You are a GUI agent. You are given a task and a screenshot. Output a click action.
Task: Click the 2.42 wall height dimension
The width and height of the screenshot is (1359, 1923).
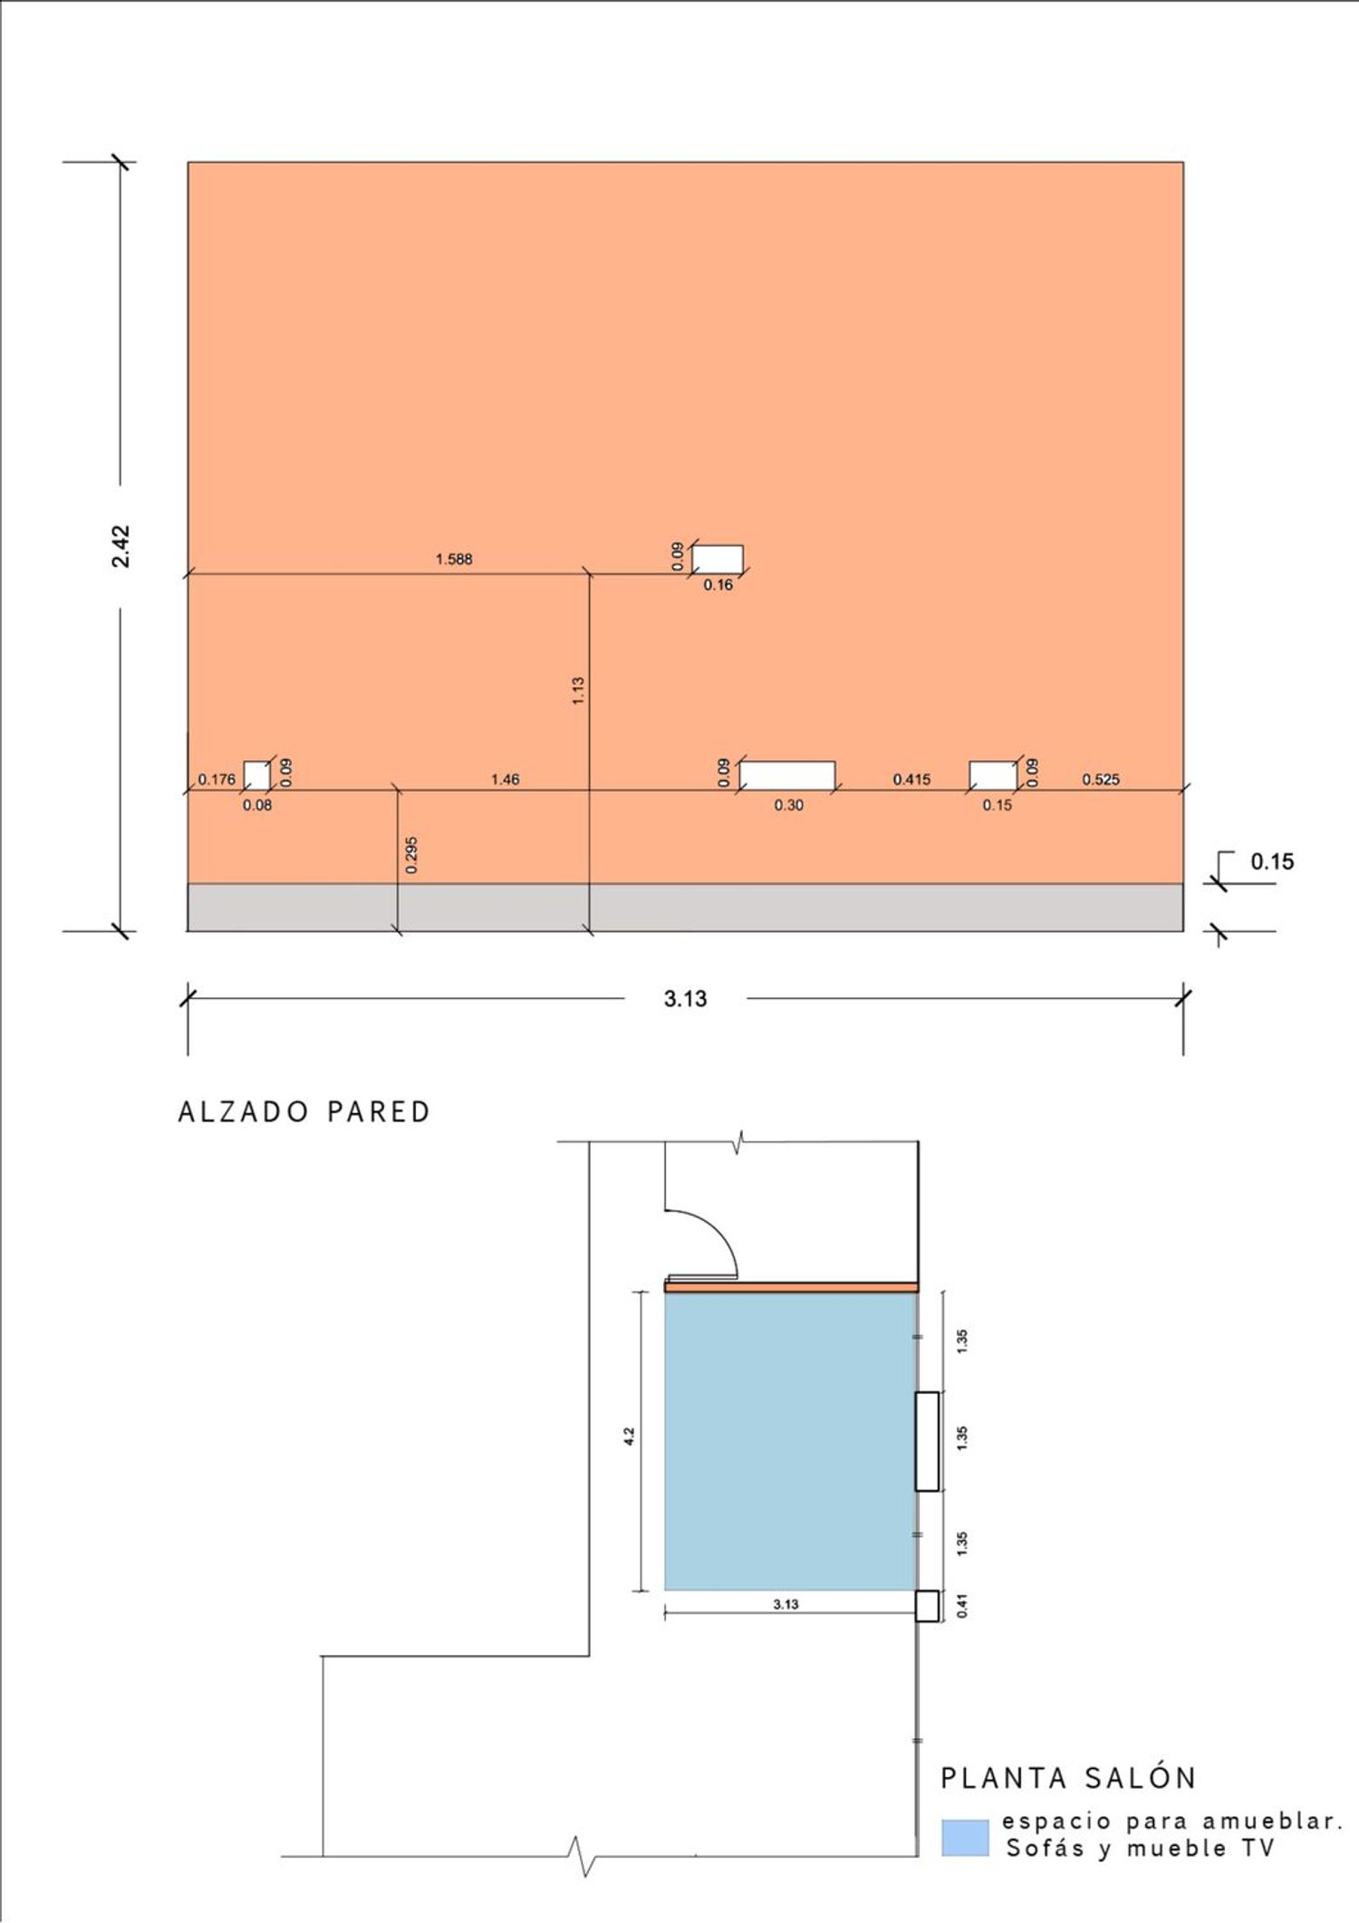pyautogui.click(x=121, y=546)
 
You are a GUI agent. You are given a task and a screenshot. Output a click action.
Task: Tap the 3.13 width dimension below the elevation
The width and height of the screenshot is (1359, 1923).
pyautogui.click(x=685, y=998)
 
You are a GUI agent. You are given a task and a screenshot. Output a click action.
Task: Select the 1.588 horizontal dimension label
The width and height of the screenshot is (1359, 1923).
pyautogui.click(x=454, y=559)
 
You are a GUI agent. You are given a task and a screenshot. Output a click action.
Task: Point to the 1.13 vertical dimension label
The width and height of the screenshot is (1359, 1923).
pyautogui.click(x=578, y=690)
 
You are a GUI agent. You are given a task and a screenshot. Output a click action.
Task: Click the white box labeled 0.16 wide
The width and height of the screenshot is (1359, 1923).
pyautogui.click(x=718, y=559)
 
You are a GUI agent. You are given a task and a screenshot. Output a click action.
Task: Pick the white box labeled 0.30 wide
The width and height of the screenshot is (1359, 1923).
pyautogui.click(x=787, y=775)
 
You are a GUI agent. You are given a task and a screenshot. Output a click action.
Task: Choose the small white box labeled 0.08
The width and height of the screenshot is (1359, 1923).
pyautogui.click(x=256, y=775)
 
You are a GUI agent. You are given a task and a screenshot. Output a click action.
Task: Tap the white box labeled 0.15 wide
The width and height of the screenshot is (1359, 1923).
pyautogui.click(x=993, y=775)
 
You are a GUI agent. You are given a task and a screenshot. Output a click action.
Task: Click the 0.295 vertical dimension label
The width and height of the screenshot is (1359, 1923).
pyautogui.click(x=411, y=854)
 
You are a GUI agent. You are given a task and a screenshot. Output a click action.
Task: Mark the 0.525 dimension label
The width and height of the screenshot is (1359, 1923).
pyautogui.click(x=1101, y=779)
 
